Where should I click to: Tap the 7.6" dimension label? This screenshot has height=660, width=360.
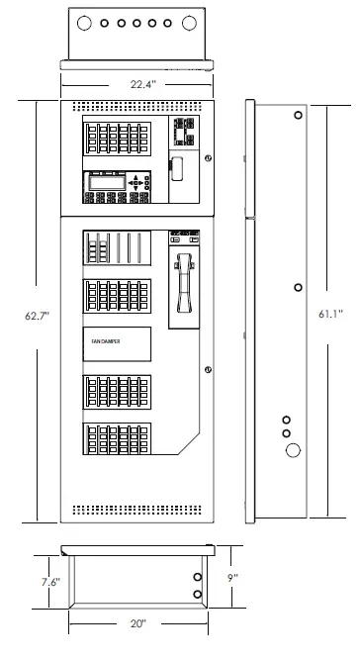point(50,582)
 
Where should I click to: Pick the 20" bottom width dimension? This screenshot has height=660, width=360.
point(137,624)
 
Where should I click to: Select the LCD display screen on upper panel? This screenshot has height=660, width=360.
point(107,181)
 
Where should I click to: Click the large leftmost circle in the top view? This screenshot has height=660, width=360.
point(84,22)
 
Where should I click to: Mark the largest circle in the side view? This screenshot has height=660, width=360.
point(293,450)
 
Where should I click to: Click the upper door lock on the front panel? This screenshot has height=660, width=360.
point(208,158)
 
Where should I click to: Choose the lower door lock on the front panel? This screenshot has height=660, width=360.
point(208,370)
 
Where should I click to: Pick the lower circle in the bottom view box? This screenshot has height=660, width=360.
point(197,595)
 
